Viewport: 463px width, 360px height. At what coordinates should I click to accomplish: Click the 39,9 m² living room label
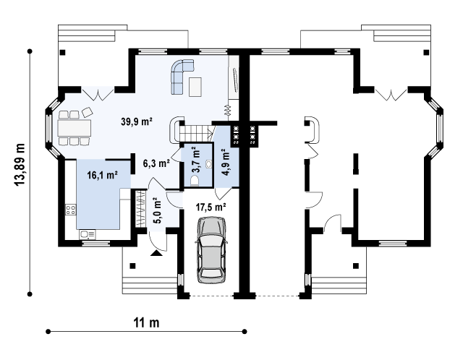137,121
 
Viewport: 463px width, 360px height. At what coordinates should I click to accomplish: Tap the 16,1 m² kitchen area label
103,175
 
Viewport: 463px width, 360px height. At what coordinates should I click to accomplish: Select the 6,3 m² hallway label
156,163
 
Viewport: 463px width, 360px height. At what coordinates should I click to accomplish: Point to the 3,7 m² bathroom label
196,161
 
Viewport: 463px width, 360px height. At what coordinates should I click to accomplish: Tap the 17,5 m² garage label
211,207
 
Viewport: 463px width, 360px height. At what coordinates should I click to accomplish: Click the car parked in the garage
211,250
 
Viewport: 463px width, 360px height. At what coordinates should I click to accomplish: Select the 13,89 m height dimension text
20,165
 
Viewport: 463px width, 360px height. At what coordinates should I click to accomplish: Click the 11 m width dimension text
147,322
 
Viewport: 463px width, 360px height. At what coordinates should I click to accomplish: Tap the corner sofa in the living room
182,76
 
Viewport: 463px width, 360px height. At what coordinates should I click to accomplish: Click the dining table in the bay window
74,128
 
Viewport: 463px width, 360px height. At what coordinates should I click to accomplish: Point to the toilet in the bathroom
195,180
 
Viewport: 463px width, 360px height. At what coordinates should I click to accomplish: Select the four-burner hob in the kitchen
71,210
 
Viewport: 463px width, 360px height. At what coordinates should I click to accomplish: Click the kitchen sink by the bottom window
88,235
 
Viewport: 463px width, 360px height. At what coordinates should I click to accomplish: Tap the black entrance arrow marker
156,253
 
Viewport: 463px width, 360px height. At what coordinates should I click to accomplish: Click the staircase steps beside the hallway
195,133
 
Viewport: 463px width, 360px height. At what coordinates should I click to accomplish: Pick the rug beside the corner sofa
195,87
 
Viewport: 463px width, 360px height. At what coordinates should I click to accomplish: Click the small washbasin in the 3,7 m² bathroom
209,163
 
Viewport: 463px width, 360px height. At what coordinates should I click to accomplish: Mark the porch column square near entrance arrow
132,265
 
